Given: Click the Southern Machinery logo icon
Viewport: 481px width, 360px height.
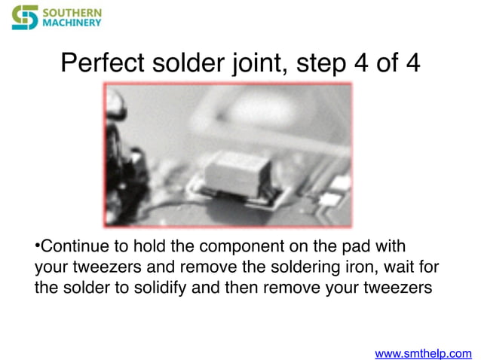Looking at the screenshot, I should click(x=25, y=17).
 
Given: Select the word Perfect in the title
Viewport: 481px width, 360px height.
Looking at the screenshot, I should click(x=99, y=63).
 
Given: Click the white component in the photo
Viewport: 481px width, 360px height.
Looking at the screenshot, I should click(x=237, y=172).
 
